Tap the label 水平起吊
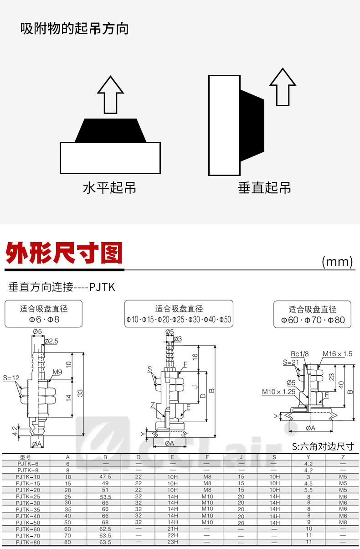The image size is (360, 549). coord(109,187)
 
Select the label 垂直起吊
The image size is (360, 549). coord(264,187)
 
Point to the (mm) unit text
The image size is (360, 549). coord(337,261)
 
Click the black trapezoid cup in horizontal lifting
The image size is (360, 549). coord(110,130)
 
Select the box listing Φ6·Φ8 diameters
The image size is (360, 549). coord(44,314)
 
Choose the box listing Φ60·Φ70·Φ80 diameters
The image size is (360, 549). coord(313,314)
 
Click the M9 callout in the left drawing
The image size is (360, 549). coord(57,373)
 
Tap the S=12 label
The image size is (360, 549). coord(11,378)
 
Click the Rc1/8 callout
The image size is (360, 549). coord(299,353)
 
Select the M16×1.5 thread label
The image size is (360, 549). coord(338,353)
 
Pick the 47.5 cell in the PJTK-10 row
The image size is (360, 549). coord(105,476)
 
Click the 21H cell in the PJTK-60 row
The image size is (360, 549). coord(172,529)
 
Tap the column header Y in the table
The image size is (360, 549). coord(309,457)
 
